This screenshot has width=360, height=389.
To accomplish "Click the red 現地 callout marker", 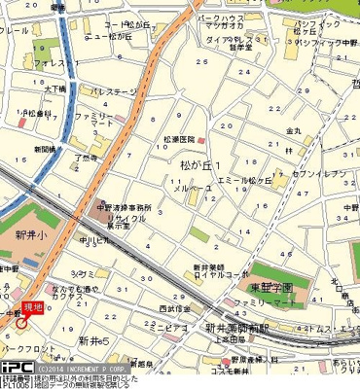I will pos(32,306).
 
